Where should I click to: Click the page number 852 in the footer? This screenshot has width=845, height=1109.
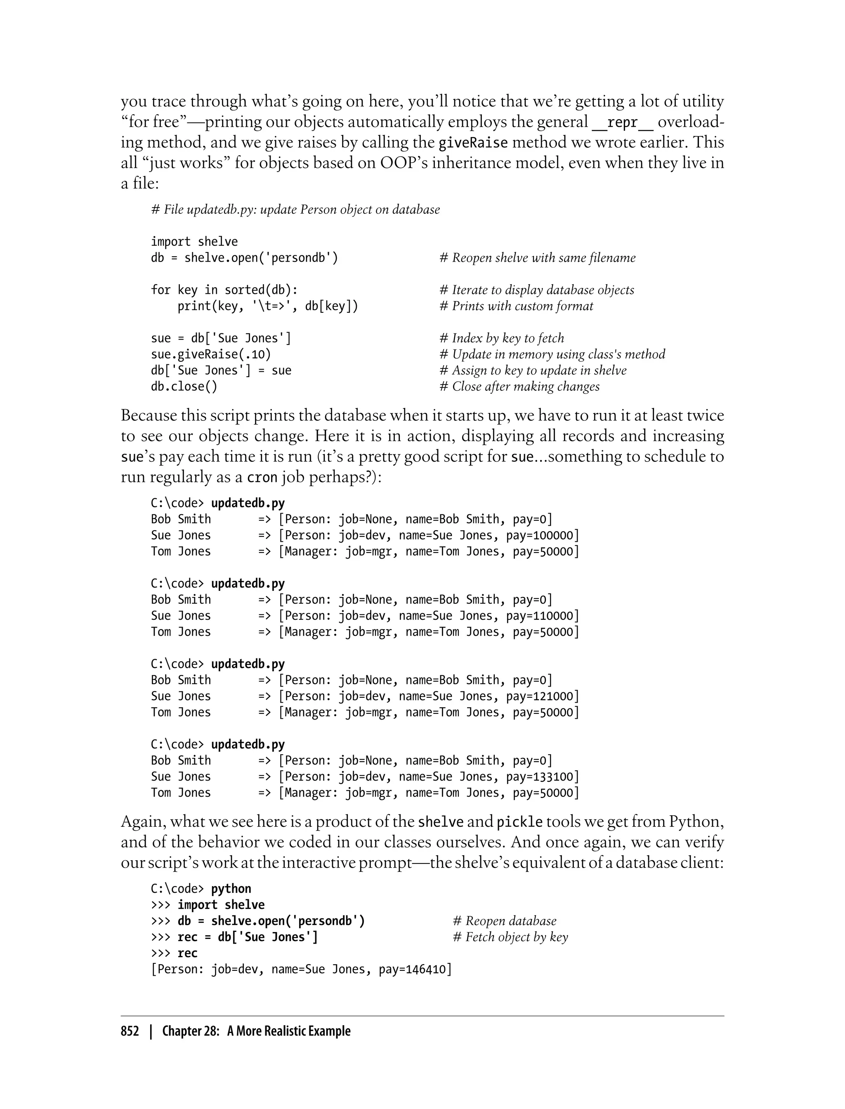point(130,1031)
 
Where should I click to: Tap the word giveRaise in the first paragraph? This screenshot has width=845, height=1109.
point(473,143)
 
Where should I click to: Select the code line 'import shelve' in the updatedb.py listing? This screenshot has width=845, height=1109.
point(194,242)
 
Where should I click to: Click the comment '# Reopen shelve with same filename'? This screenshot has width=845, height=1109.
point(537,258)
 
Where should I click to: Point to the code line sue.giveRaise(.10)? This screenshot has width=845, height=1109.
point(211,354)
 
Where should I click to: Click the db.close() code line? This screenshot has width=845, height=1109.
point(184,387)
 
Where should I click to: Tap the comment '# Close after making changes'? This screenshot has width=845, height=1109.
point(519,387)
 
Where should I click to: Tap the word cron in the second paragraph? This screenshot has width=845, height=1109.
point(262,477)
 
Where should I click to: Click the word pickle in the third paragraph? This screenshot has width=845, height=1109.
point(519,822)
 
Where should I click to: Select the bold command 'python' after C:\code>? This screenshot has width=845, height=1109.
point(231,889)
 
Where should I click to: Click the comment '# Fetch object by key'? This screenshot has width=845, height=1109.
point(510,937)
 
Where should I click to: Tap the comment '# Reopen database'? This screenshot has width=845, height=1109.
point(505,921)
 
